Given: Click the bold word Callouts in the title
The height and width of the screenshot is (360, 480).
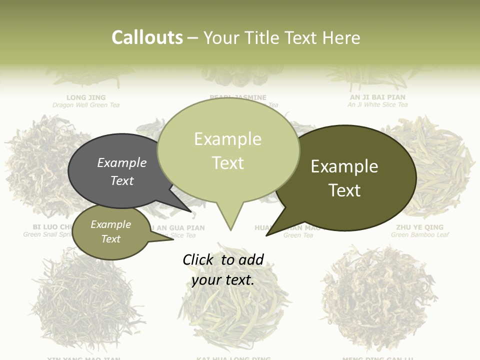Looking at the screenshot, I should click(147, 37).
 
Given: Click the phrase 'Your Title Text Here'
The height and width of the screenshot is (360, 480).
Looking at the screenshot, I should click(281, 37).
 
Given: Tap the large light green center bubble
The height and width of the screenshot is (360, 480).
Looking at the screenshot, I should click(228, 150).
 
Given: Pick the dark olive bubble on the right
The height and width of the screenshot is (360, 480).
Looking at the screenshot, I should click(344, 178).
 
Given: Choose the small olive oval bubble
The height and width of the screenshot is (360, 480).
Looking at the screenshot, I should click(110, 231).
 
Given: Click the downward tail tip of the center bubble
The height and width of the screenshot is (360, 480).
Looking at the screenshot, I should click(230, 229).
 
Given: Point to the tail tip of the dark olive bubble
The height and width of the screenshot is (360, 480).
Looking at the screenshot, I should click(267, 235).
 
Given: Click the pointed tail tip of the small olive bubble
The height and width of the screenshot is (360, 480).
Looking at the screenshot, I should click(173, 239).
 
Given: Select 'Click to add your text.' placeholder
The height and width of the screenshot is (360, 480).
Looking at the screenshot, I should click(223, 269).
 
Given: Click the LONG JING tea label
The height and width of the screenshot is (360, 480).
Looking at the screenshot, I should click(86, 97).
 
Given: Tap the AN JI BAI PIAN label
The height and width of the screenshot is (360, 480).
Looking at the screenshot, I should click(377, 97).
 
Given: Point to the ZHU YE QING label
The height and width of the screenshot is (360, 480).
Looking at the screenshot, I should click(420, 227).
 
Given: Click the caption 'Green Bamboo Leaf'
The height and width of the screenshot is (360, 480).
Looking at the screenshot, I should click(420, 235).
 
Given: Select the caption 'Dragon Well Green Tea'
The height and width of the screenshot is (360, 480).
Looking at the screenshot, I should click(86, 105).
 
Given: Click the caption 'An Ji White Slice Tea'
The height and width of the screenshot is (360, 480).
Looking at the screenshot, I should click(377, 105).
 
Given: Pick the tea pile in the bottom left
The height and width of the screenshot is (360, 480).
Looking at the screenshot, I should click(85, 300).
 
